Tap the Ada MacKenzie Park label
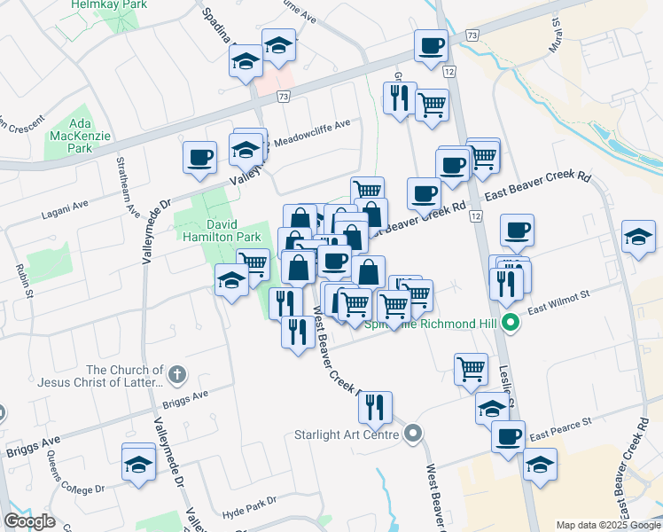coord(80,136)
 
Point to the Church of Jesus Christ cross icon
coord(177,375)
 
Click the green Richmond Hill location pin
coord(510,324)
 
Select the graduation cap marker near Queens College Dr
coord(138,463)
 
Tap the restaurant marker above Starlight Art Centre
coord(375,406)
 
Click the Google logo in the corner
coord(29,520)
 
